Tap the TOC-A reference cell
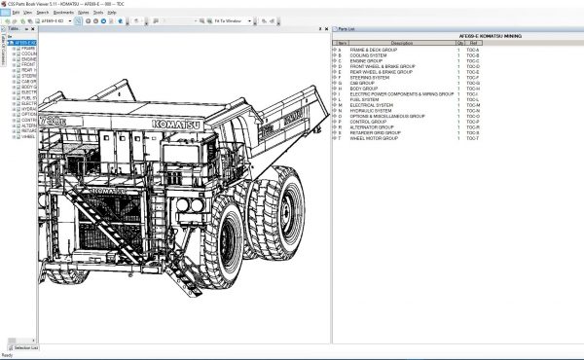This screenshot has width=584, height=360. click(472, 49)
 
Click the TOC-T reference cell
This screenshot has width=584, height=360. click(472, 138)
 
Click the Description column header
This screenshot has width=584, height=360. click(401, 43)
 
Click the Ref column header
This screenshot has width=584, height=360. click(473, 43)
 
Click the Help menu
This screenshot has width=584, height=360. click(138, 13)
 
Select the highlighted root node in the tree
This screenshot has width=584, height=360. click(25, 43)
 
